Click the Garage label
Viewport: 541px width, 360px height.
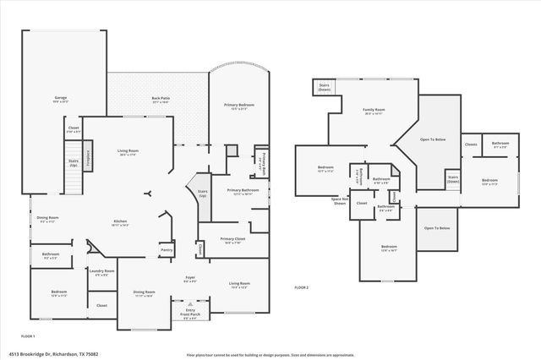(61, 99)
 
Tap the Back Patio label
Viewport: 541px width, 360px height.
(157, 99)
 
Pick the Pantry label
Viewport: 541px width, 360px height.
(167, 249)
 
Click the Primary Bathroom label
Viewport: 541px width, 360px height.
(243, 192)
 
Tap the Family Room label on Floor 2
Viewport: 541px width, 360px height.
(374, 111)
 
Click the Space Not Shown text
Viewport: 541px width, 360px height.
(339, 202)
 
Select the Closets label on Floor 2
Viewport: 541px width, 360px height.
(471, 145)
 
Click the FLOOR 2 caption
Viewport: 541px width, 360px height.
(302, 288)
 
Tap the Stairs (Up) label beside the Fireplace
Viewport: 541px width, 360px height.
(73, 162)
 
